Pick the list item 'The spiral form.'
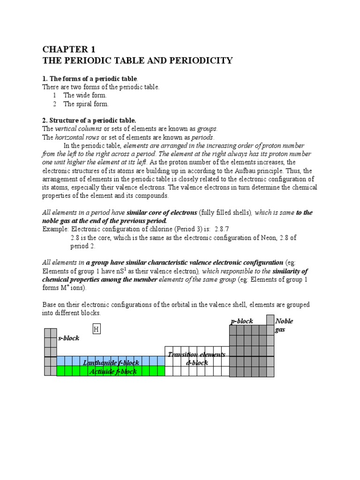coord(86,104)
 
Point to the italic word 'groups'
coord(207,129)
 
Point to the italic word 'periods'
coord(200,137)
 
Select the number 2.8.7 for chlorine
coord(224,229)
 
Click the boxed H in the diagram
coord(97,329)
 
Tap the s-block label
coord(68,338)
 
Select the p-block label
coord(242,321)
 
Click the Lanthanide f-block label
coord(111,363)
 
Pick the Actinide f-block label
coord(112,371)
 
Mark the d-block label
coord(197,363)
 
